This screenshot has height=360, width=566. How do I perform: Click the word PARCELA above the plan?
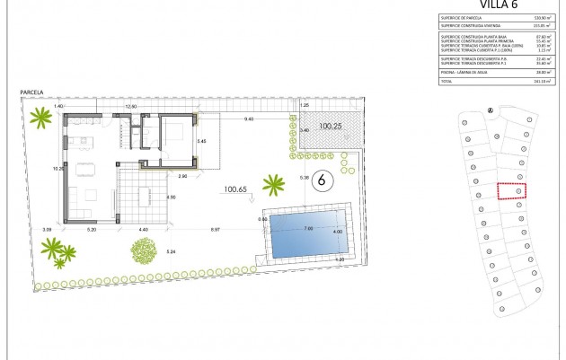pyautogui.click(x=33, y=92)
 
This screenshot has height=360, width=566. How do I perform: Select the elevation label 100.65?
pyautogui.click(x=235, y=189)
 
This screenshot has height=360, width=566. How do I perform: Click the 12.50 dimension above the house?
pyautogui.click(x=130, y=107)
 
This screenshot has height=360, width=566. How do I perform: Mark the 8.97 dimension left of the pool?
pyautogui.click(x=217, y=231)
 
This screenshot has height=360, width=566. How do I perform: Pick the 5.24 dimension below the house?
pyautogui.click(x=172, y=251)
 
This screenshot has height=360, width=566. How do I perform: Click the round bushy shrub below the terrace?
pyautogui.click(x=144, y=249)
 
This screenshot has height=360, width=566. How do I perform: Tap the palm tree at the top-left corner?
pyautogui.click(x=40, y=117)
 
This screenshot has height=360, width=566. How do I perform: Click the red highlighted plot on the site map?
pyautogui.click(x=511, y=191)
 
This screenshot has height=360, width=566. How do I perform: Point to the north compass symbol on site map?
pyautogui.click(x=489, y=111)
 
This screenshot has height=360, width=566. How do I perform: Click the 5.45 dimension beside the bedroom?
pyautogui.click(x=202, y=142)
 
